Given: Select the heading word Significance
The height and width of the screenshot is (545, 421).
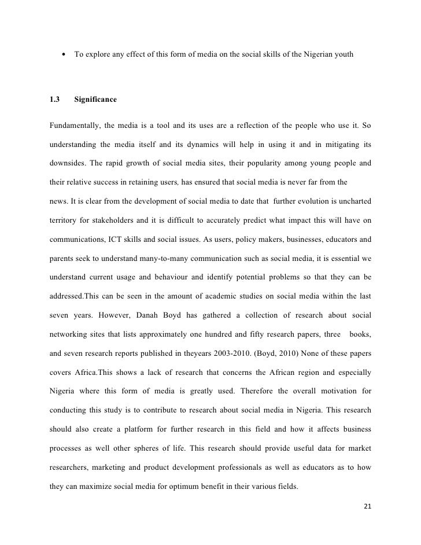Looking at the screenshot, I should (95, 100).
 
